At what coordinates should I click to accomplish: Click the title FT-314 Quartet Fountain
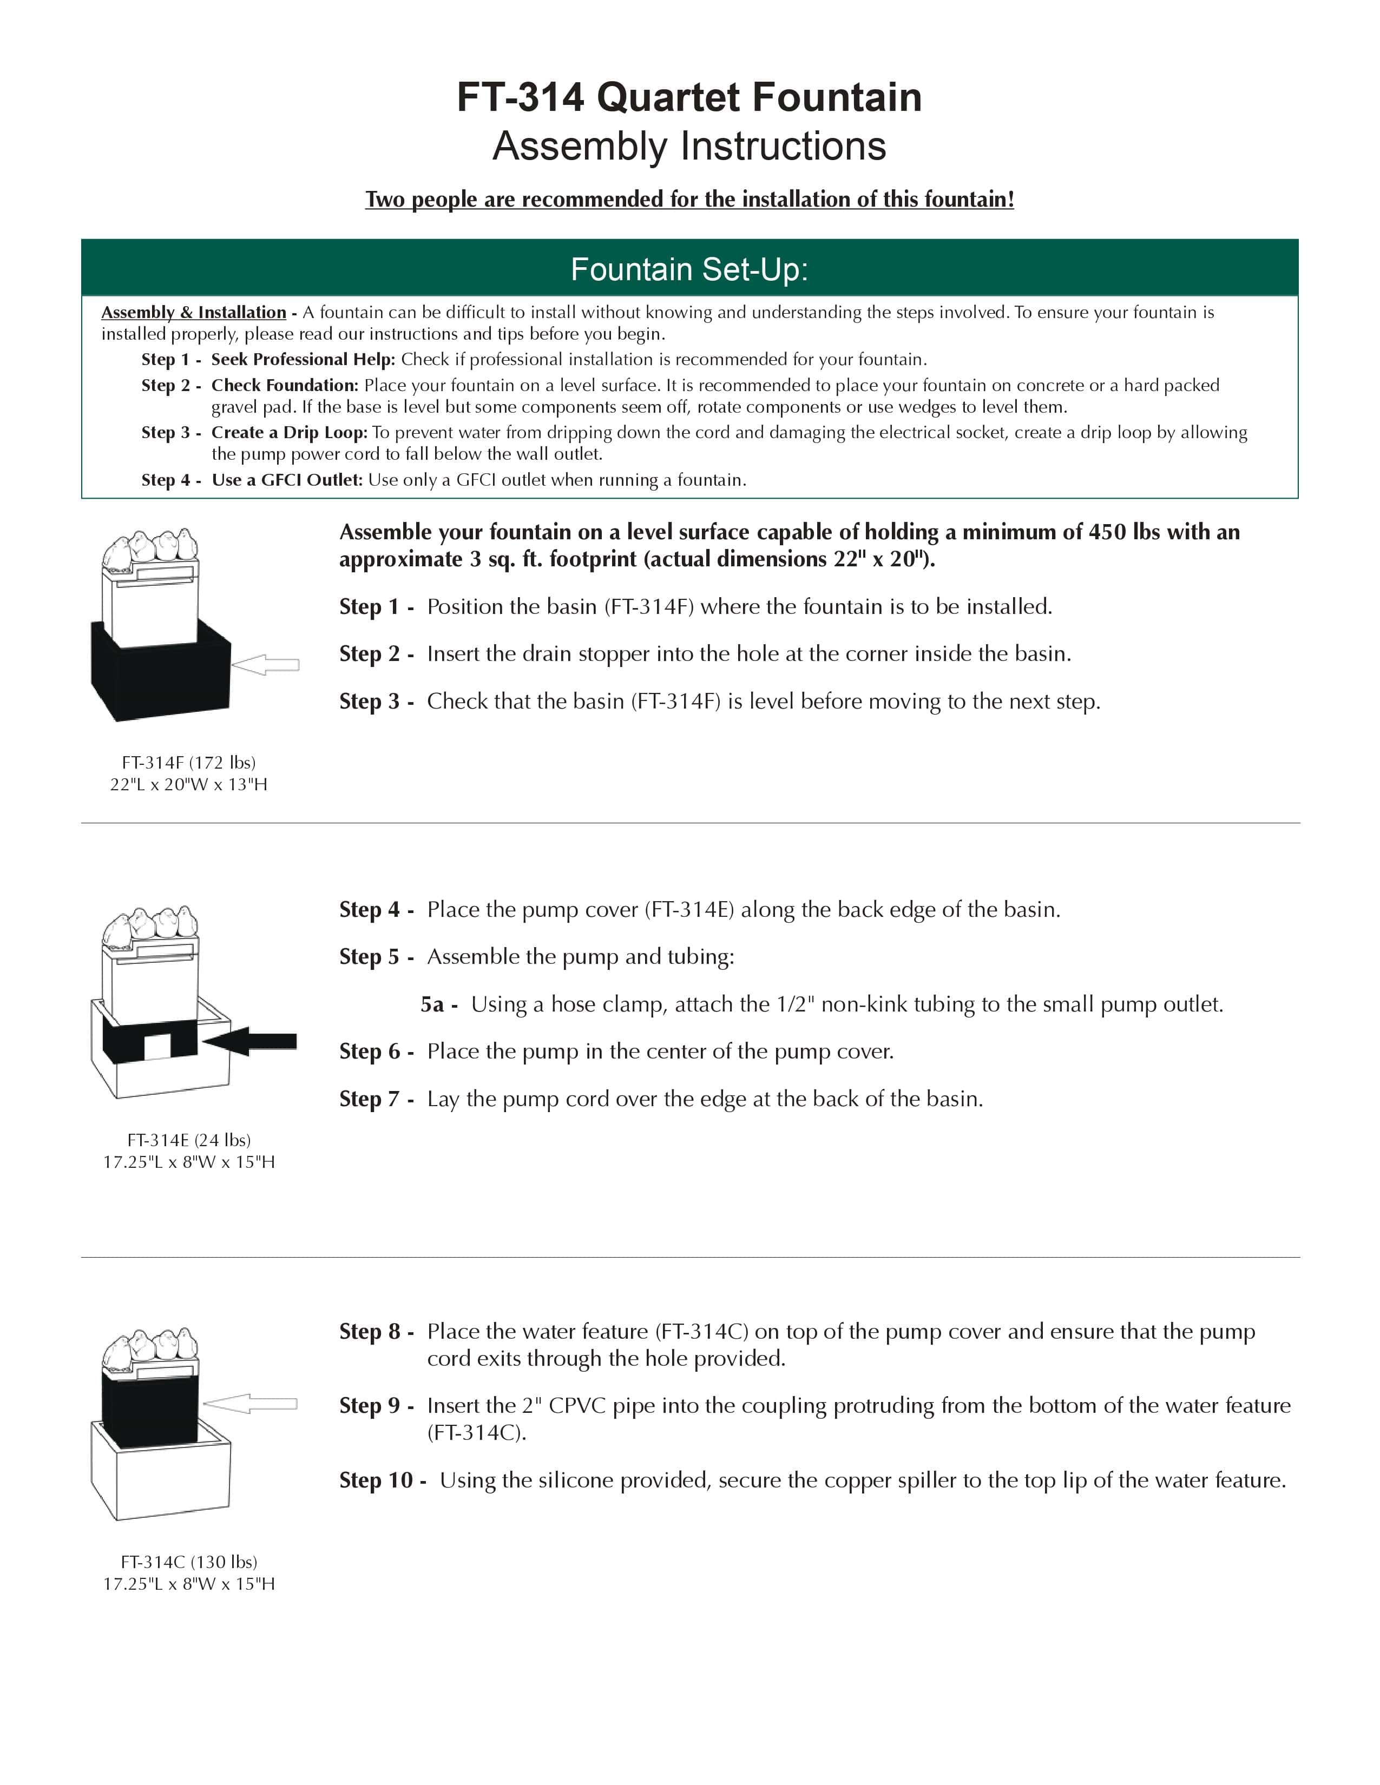689,97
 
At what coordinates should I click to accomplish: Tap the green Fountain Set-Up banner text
689,269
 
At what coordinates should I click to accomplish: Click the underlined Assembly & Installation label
194,312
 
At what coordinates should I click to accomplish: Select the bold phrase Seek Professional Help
303,360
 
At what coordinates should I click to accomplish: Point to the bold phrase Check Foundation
285,385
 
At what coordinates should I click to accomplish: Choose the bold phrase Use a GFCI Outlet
287,480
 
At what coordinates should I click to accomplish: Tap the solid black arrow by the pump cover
250,1041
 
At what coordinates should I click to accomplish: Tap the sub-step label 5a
433,1004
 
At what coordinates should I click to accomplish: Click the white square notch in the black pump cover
157,1046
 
